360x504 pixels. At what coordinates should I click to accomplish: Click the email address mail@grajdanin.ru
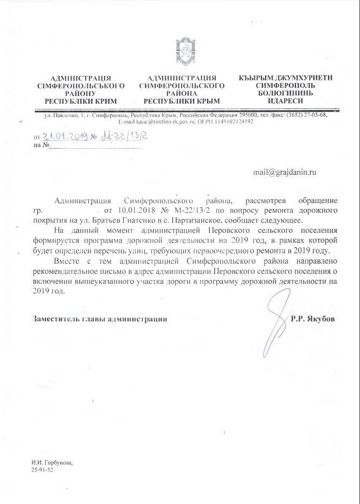[x=284, y=172]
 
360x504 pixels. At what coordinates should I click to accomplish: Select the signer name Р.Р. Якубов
[x=312, y=319]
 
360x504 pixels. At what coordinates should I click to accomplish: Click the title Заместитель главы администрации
[x=99, y=319]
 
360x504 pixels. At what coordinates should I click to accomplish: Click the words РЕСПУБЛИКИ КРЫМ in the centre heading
[x=182, y=101]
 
